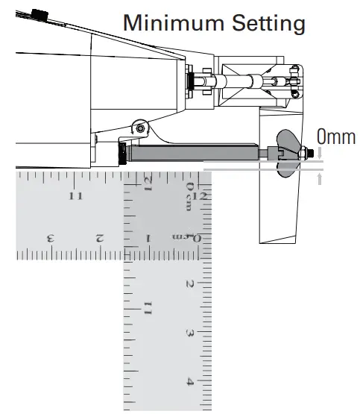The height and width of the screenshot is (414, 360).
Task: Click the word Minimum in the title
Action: point(174,23)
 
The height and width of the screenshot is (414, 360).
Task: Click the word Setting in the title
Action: point(269,25)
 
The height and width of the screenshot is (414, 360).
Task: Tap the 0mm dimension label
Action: point(336,137)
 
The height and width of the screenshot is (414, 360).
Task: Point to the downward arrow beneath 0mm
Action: point(320,153)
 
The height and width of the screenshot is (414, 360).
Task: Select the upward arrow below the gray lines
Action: point(320,179)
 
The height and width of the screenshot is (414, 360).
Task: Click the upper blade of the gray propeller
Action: point(288,141)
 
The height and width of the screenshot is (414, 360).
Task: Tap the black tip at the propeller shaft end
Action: point(312,153)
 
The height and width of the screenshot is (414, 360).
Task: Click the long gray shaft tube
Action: point(195,153)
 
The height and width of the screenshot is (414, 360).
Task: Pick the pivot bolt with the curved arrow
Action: point(140,129)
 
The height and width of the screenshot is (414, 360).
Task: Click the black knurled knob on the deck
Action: point(40,16)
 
